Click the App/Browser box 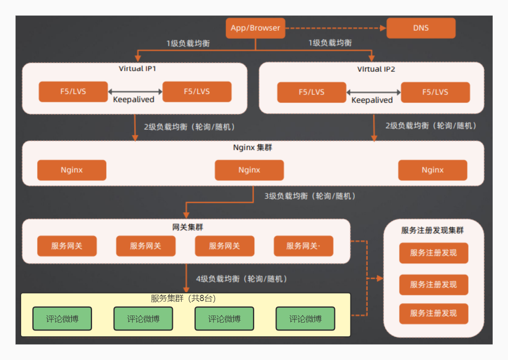click(x=255, y=28)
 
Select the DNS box click(x=421, y=28)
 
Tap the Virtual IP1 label click(x=137, y=69)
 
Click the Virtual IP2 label click(x=376, y=69)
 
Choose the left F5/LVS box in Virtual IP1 click(x=73, y=92)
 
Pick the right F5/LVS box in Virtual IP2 click(x=435, y=92)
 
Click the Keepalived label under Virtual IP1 click(x=134, y=100)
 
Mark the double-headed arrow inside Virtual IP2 click(x=374, y=92)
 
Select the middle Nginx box click(x=249, y=170)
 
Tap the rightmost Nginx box click(x=433, y=170)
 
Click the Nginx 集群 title click(x=253, y=147)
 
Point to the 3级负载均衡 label click(x=310, y=196)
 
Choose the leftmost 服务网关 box click(x=67, y=246)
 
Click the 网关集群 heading click(x=188, y=228)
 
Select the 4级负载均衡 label click(x=242, y=279)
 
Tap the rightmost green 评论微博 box click(x=305, y=319)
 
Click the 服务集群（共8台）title click(x=183, y=299)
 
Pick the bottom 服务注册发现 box click(x=433, y=313)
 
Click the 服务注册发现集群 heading click(x=432, y=230)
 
